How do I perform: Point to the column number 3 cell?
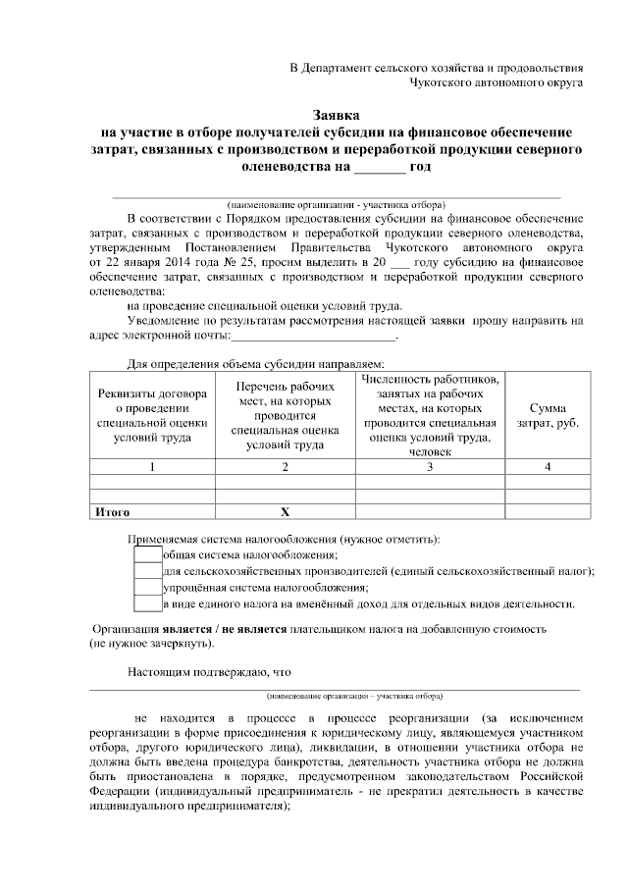(430, 467)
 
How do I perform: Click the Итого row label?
(112, 512)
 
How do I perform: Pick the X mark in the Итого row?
(286, 512)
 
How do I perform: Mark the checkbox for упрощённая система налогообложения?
(147, 588)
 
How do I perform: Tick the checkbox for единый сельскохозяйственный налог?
(147, 571)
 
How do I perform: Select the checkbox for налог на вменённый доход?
(147, 603)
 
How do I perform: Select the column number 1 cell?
(152, 467)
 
